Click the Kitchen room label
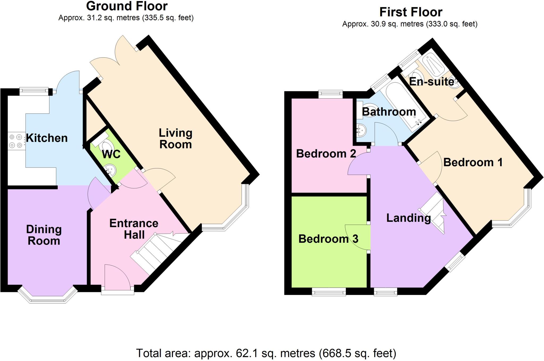pyautogui.click(x=47, y=138)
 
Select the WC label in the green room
pyautogui.click(x=111, y=154)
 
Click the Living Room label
pyautogui.click(x=175, y=139)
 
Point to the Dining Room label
pyautogui.click(x=44, y=235)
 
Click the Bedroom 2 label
pyautogui.click(x=326, y=154)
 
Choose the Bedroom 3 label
pyautogui.click(x=328, y=239)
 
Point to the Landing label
pyautogui.click(x=409, y=218)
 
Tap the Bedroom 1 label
pyautogui.click(x=473, y=162)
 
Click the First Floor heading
pyautogui.click(x=411, y=12)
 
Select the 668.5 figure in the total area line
pyautogui.click(x=336, y=354)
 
